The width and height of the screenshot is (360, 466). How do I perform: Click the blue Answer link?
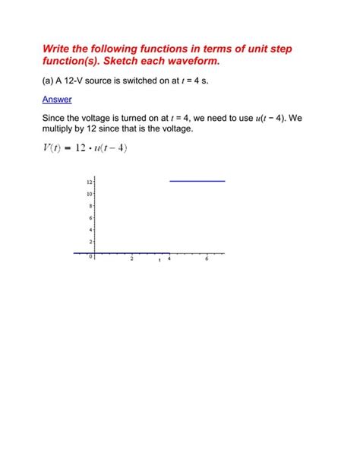pyautogui.click(x=57, y=99)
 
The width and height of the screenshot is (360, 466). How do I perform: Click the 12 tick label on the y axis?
pyautogui.click(x=89, y=182)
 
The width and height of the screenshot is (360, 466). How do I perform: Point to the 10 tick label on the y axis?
pyautogui.click(x=89, y=194)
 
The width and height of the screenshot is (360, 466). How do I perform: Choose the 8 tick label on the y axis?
pyautogui.click(x=90, y=206)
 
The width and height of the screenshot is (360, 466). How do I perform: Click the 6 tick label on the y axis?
pyautogui.click(x=90, y=217)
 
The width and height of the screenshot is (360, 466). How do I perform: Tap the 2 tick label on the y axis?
pyautogui.click(x=90, y=241)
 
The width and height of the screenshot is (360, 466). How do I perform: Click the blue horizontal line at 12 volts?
pyautogui.click(x=197, y=181)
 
